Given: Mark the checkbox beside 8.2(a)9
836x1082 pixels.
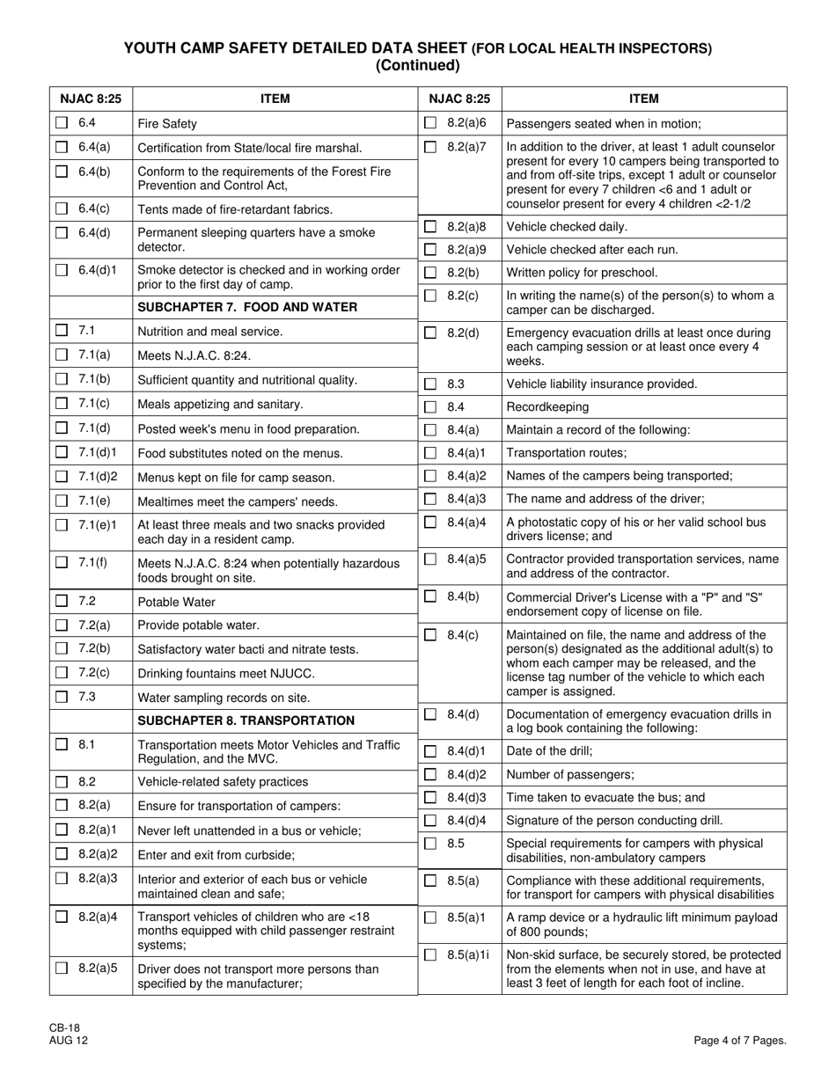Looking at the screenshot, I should coord(430,249).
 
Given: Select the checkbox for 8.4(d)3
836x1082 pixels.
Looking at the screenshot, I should coord(430,798).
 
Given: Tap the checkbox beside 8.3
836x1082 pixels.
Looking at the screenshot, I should coord(430,384).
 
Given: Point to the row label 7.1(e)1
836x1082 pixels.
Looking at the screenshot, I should coord(99,525).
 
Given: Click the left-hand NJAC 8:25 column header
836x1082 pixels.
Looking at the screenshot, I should coord(91,99).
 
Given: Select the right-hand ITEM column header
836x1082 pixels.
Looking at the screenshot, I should coord(644,99).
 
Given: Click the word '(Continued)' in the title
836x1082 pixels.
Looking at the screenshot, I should coord(417,65).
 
